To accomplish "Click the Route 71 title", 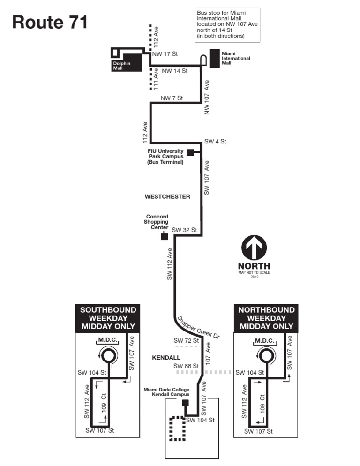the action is [50, 22].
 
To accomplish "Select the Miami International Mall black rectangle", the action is [215, 58].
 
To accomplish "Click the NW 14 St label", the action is [174, 71].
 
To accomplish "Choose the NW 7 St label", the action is [172, 98].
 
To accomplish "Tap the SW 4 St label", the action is [215, 141].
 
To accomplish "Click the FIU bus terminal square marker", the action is [190, 152].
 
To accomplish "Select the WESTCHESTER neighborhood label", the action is [168, 196].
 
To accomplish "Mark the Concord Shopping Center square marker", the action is [164, 236].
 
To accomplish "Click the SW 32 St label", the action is [184, 230].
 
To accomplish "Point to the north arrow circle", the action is [254, 248].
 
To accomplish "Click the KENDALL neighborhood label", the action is [166, 358].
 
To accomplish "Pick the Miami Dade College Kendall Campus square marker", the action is [185, 403].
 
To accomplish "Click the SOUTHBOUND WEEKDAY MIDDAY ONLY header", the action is [108, 318].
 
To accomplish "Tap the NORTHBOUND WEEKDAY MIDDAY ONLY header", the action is [266, 318].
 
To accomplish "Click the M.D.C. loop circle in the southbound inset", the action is [108, 356].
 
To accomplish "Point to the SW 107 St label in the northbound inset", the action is [258, 431].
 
